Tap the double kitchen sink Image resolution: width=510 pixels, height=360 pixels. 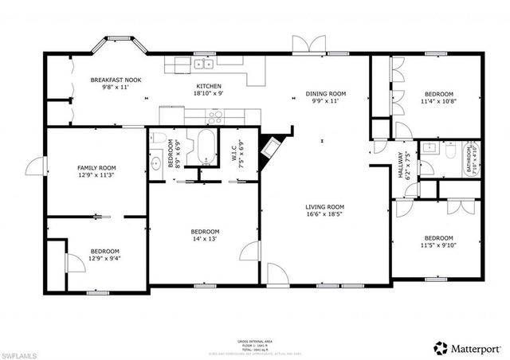[x=203, y=64]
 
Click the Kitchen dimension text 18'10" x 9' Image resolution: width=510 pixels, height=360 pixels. [x=209, y=94]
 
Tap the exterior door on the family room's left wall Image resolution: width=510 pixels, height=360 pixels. [x=36, y=167]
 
